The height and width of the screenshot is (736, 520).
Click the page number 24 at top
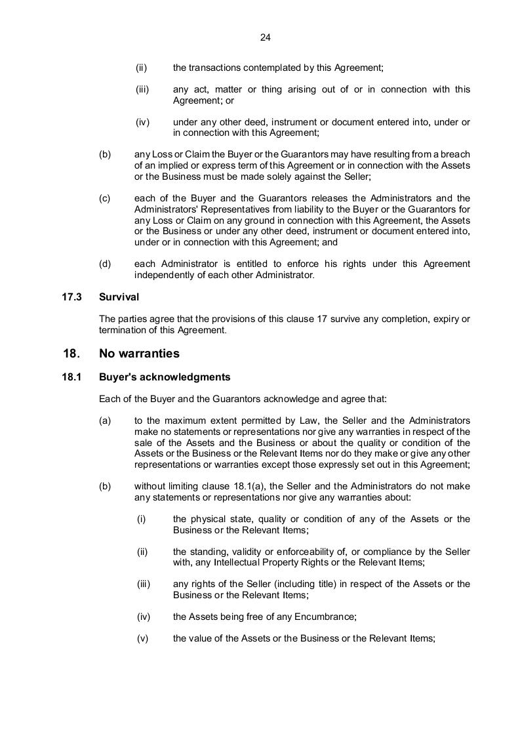(265, 37)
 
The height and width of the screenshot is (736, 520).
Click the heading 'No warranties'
(139, 354)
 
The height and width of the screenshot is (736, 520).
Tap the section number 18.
(71, 354)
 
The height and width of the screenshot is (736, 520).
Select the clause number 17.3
(71, 297)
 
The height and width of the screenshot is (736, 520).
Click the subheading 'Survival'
(119, 297)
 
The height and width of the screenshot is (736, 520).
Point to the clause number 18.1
(71, 377)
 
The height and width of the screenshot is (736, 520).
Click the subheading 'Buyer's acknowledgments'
(165, 377)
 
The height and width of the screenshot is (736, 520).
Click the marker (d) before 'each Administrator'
(105, 264)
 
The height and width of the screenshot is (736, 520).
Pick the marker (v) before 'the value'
(143, 638)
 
